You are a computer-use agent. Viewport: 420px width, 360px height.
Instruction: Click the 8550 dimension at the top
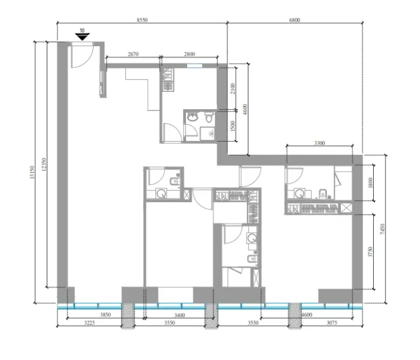pyautogui.click(x=142, y=20)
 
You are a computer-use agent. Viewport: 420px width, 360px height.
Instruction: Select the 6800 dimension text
pyautogui.click(x=294, y=20)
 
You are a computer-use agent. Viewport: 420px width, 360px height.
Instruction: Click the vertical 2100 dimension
pyautogui.click(x=234, y=89)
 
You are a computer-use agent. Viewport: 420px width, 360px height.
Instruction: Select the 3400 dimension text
pyautogui.click(x=179, y=314)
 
